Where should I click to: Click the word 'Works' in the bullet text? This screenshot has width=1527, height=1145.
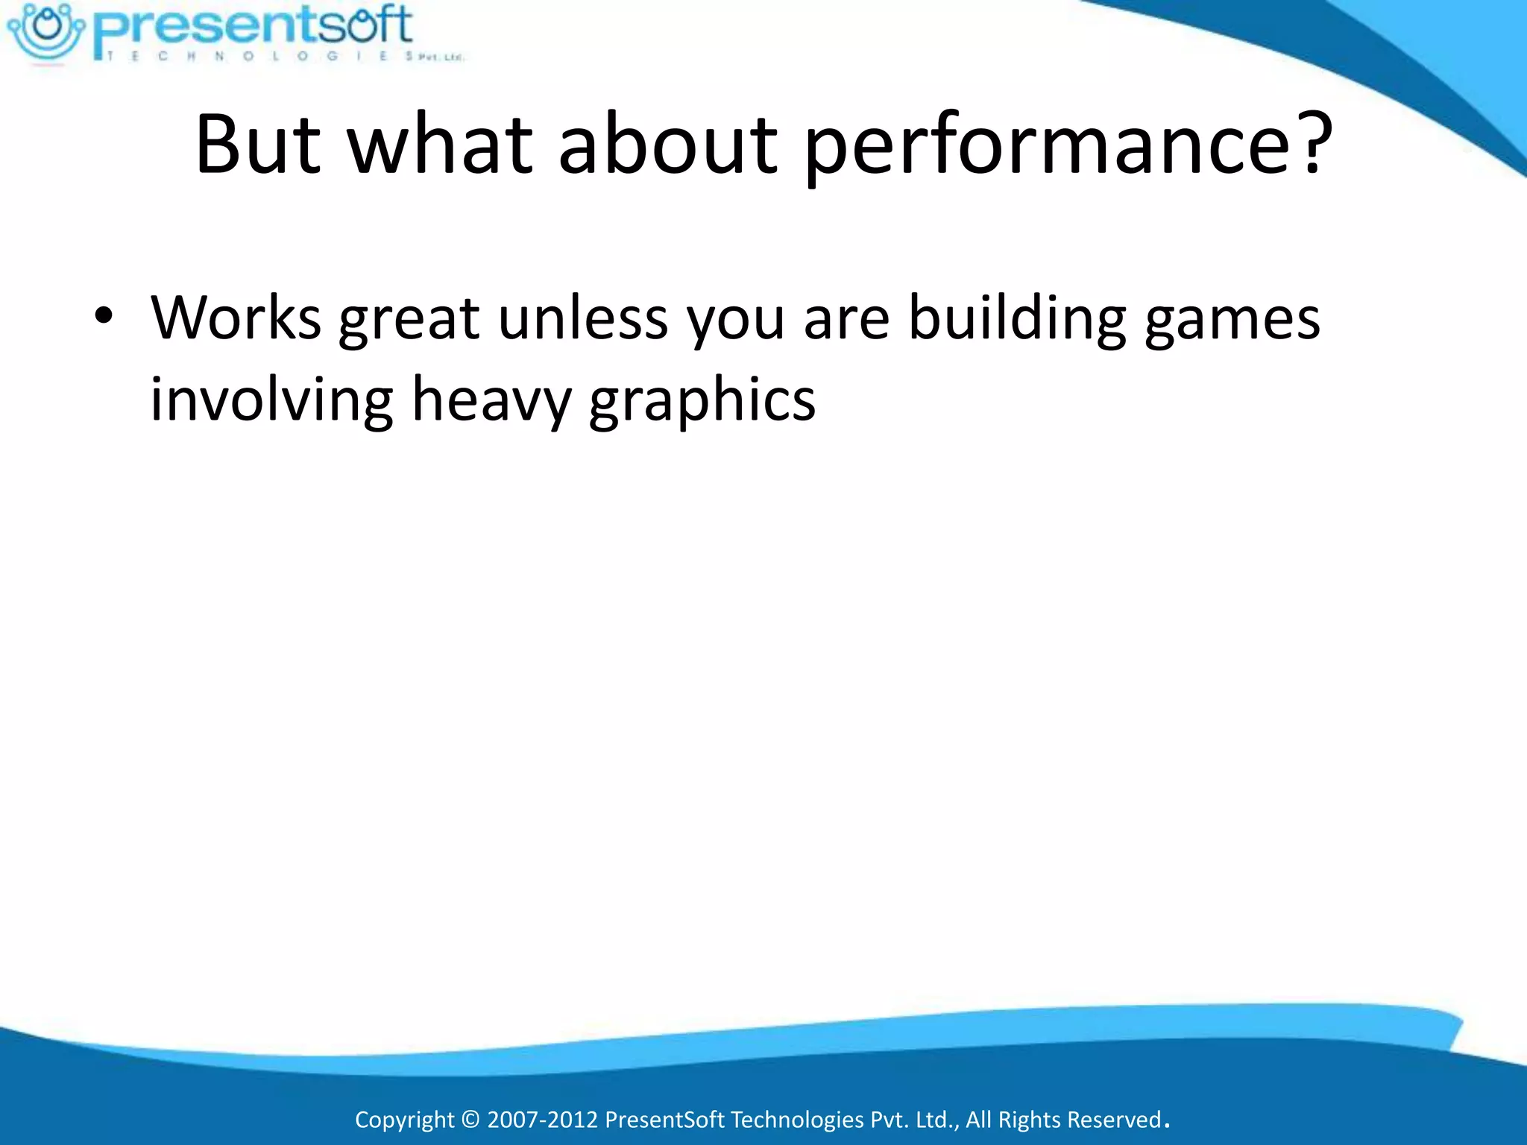[x=236, y=318]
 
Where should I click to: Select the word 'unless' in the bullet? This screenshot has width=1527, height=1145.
[x=583, y=318]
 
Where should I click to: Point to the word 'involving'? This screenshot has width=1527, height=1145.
[x=271, y=401]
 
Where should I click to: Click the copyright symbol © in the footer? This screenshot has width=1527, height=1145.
[x=470, y=1120]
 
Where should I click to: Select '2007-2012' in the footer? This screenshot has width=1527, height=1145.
[x=542, y=1120]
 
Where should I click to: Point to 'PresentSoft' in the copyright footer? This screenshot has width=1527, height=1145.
[x=664, y=1120]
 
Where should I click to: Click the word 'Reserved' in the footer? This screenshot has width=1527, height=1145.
[x=1115, y=1120]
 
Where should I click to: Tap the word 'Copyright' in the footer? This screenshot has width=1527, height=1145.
[x=404, y=1120]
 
